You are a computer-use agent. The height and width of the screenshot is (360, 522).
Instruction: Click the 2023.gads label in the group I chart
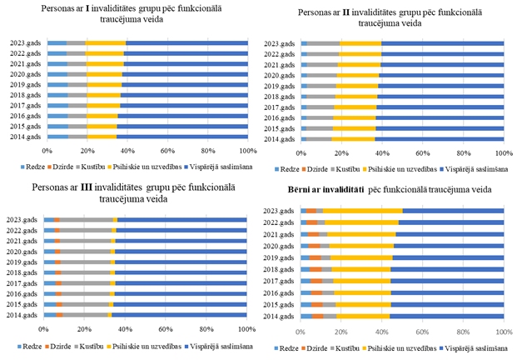point(27,42)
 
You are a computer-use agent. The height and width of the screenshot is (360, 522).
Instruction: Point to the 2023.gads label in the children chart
point(284,211)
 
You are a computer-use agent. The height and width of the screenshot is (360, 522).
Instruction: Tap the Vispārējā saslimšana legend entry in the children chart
point(475,345)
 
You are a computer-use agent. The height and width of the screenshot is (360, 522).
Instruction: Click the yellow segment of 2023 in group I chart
point(106,42)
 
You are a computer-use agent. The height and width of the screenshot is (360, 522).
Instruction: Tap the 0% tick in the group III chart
point(43,328)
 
